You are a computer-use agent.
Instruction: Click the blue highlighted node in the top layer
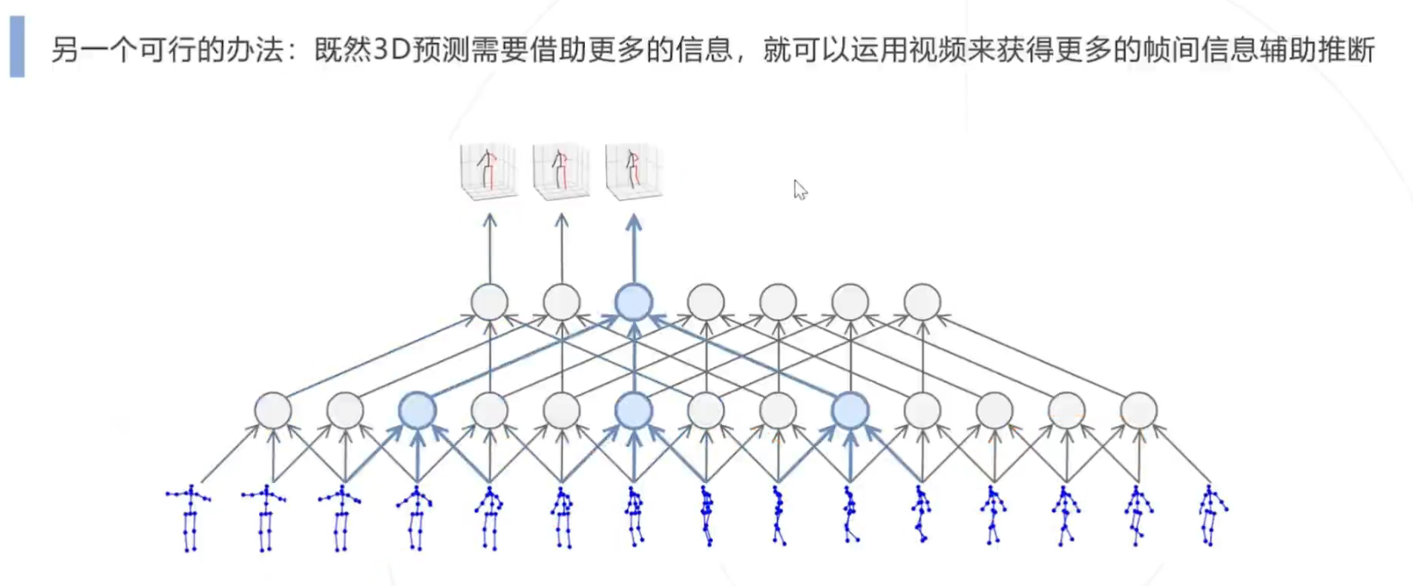[x=634, y=303]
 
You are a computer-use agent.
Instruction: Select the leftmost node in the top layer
[x=490, y=303]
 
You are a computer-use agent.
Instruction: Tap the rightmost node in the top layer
[x=923, y=303]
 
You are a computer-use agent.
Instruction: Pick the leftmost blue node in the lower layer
[x=418, y=411]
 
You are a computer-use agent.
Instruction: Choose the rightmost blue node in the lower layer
[x=851, y=411]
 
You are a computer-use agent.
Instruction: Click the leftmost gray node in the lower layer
[x=274, y=411]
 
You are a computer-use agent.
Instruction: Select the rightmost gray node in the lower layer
[x=1139, y=411]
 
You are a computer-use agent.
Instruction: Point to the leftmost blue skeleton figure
[x=189, y=518]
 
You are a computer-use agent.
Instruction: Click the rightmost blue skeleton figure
[x=1212, y=516]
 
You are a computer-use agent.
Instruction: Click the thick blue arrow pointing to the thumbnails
[x=634, y=248]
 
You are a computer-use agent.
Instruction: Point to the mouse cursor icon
[x=800, y=190]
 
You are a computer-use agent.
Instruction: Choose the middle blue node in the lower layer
[x=634, y=411]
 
